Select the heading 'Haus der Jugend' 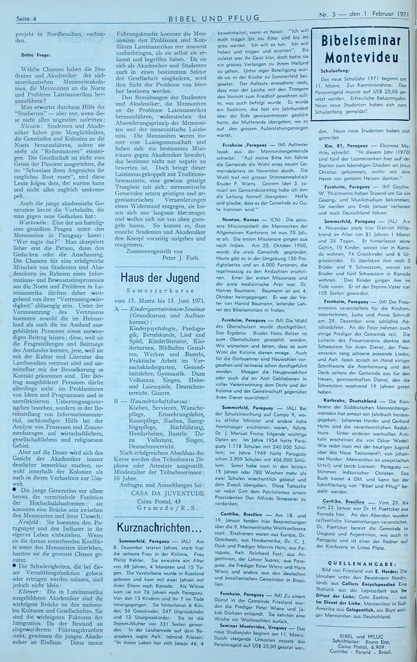[x=160, y=278]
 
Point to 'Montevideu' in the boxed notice [x=361, y=58]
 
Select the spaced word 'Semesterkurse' [x=160, y=290]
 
